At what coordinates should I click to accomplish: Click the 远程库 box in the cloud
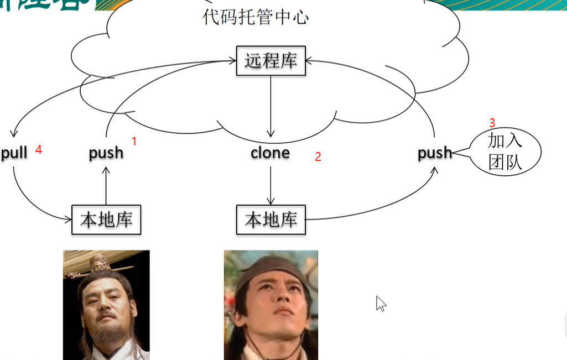271,60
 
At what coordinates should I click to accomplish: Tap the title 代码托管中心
256,17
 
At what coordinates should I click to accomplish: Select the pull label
14,153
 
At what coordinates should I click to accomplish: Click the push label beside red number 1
106,153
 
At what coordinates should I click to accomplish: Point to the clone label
270,153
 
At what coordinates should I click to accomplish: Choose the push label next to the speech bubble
434,153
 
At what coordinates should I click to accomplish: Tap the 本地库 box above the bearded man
106,220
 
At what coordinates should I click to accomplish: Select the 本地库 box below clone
271,220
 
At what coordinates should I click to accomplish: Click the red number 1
134,142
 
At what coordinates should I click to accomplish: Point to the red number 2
318,157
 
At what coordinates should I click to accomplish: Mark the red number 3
492,123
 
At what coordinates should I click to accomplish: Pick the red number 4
39,149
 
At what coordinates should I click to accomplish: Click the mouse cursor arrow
381,303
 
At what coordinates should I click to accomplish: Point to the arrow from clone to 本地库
271,185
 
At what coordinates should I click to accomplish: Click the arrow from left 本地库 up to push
106,185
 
